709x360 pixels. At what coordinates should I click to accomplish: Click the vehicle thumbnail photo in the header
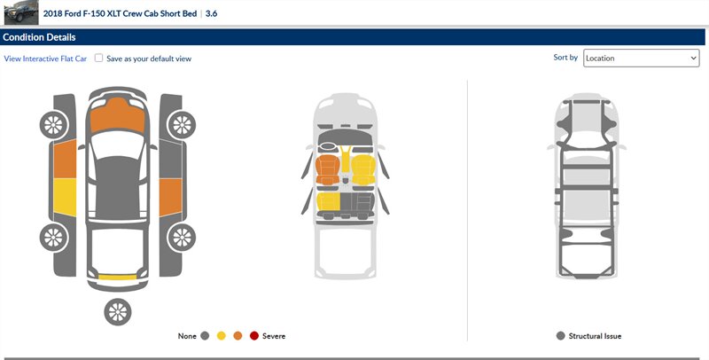click(x=21, y=12)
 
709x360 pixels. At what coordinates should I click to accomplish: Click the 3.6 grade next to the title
click(x=211, y=13)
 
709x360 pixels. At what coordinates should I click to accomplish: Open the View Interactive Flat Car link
click(x=45, y=59)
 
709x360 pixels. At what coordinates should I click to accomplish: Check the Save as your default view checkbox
click(x=98, y=58)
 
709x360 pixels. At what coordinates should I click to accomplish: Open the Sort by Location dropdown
click(x=641, y=58)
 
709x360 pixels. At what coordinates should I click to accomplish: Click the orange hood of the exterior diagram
click(x=118, y=115)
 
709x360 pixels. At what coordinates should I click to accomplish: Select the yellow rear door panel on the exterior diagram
click(x=65, y=197)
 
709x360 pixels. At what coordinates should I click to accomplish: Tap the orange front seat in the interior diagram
click(x=327, y=169)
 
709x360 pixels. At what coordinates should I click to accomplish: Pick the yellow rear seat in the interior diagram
click(x=328, y=201)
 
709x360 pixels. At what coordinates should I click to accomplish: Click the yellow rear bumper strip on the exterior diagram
click(x=117, y=277)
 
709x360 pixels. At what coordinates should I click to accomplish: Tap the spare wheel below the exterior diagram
click(x=118, y=312)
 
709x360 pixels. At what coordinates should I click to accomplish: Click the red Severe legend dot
click(x=254, y=335)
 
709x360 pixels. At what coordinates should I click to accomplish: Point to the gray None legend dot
click(x=205, y=335)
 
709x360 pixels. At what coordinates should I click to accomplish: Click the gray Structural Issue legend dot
click(x=561, y=335)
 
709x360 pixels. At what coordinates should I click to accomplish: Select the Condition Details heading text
click(x=39, y=37)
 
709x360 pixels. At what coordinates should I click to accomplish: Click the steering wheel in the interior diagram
click(x=328, y=146)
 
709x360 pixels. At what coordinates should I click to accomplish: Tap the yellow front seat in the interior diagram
click(x=363, y=169)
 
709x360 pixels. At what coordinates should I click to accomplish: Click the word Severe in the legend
click(x=274, y=336)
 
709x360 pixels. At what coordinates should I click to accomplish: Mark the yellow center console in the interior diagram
click(x=346, y=160)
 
